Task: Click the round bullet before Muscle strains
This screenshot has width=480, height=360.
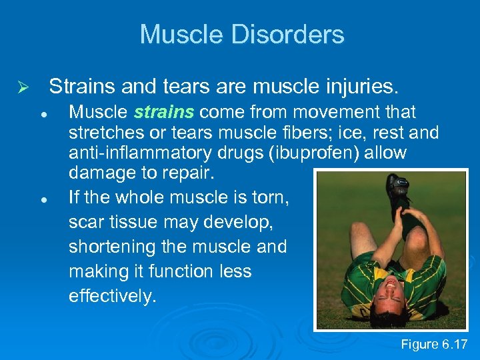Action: click(42, 114)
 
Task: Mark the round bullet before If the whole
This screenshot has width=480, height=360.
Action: click(42, 199)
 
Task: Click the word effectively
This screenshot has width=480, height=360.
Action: click(112, 296)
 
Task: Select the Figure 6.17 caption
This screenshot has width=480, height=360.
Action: click(434, 344)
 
